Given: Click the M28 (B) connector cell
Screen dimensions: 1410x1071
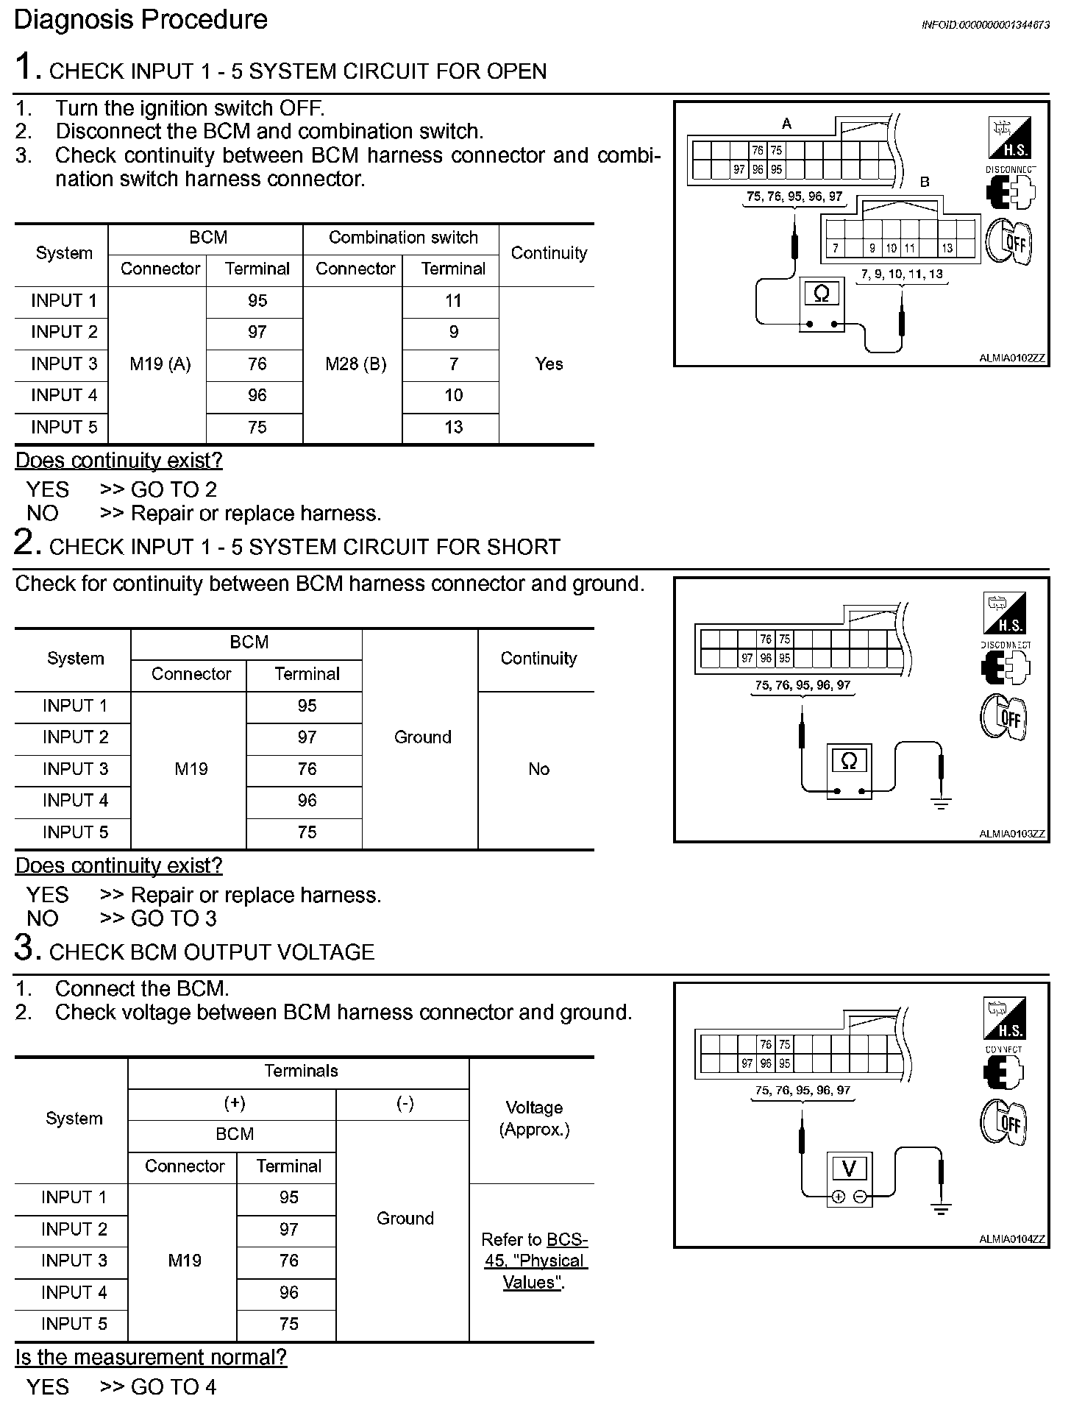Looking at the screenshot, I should [355, 364].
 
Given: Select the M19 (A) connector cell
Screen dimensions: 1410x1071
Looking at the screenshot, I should [160, 364].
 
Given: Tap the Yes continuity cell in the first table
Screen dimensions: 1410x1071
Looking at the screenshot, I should [549, 364].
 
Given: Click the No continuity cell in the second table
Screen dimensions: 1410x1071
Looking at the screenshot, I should [538, 769].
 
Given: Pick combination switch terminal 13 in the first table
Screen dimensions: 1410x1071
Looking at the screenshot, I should [453, 428].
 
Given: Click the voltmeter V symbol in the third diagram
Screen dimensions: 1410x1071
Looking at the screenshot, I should [849, 1169].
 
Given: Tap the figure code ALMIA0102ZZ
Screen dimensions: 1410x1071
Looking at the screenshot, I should [1011, 358].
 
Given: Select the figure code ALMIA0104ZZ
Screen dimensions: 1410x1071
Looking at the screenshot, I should [1011, 1239].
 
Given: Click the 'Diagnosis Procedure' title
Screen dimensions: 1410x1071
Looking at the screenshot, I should [140, 20].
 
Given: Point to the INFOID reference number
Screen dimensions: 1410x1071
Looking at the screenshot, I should [985, 25].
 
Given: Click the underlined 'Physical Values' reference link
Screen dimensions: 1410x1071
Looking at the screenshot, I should [535, 1261].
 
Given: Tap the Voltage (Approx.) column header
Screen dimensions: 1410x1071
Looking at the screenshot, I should [534, 1119].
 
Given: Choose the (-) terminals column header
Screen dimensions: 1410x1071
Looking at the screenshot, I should [405, 1103].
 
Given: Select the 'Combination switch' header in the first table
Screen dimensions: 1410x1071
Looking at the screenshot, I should [403, 238].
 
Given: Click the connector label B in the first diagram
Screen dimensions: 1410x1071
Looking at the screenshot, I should [925, 182].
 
